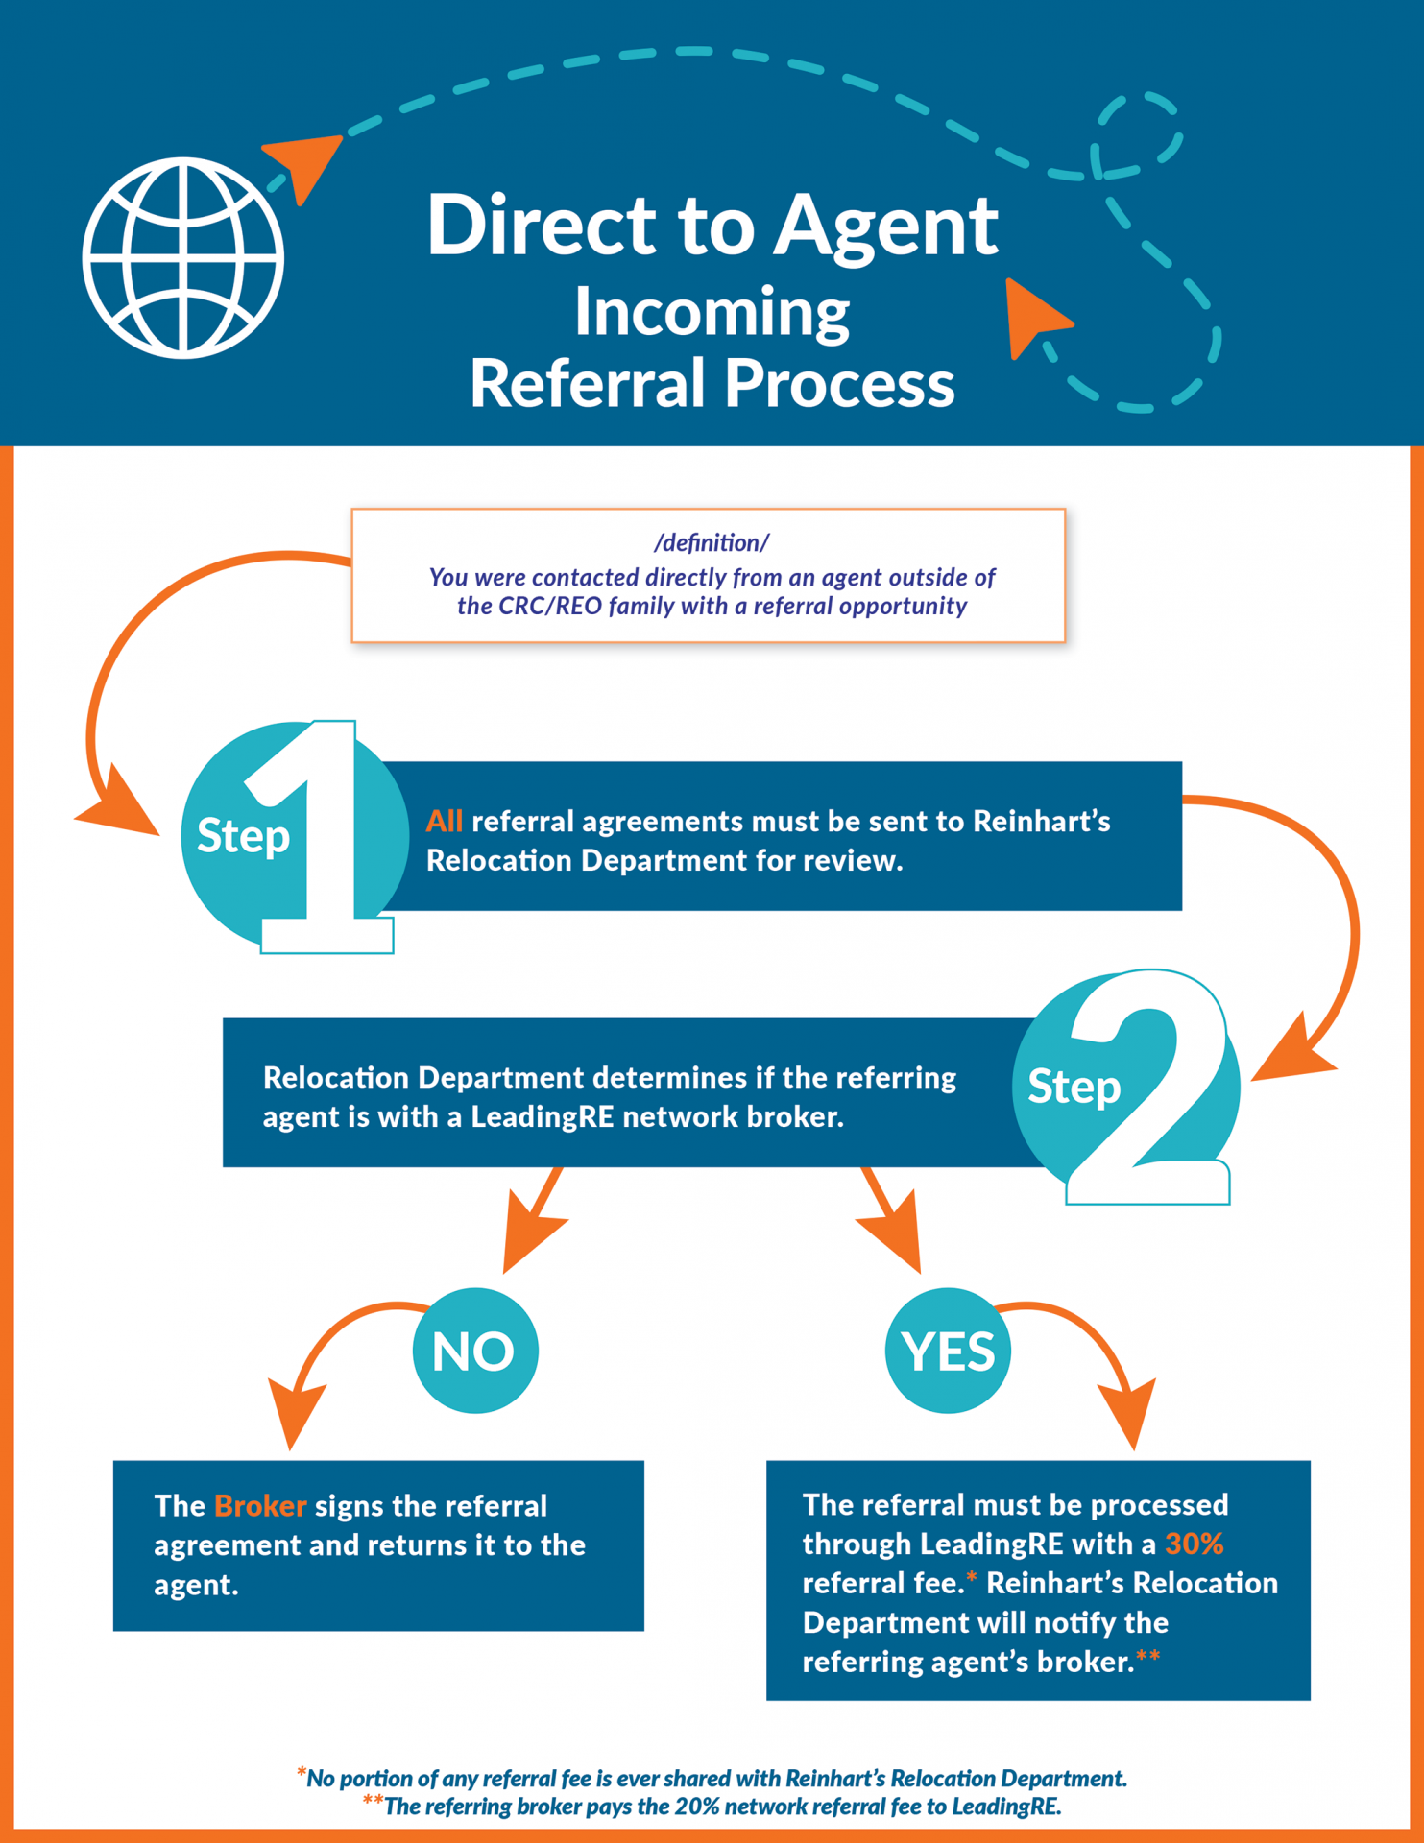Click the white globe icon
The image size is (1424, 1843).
point(182,258)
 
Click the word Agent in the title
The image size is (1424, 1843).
point(885,227)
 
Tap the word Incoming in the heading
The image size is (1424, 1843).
point(712,313)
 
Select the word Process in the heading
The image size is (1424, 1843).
point(839,383)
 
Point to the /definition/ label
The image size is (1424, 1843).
point(711,543)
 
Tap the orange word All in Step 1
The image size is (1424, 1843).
point(445,822)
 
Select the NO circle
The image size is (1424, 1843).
point(475,1351)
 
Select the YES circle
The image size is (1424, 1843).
point(948,1351)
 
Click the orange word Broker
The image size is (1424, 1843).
point(260,1505)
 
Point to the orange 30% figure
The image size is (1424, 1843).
point(1194,1544)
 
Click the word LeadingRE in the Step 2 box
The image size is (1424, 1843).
point(542,1117)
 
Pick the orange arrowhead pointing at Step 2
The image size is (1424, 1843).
point(1291,1051)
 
